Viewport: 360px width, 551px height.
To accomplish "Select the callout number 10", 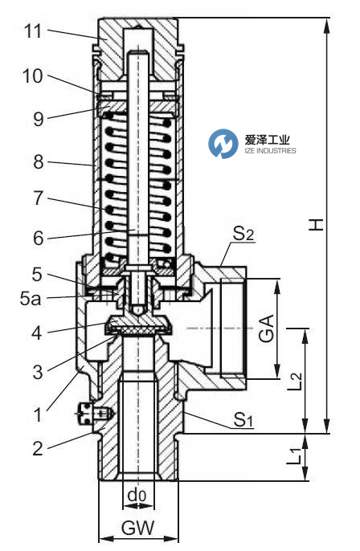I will pyautogui.click(x=31, y=77).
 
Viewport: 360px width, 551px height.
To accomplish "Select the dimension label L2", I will pyautogui.click(x=296, y=381).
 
